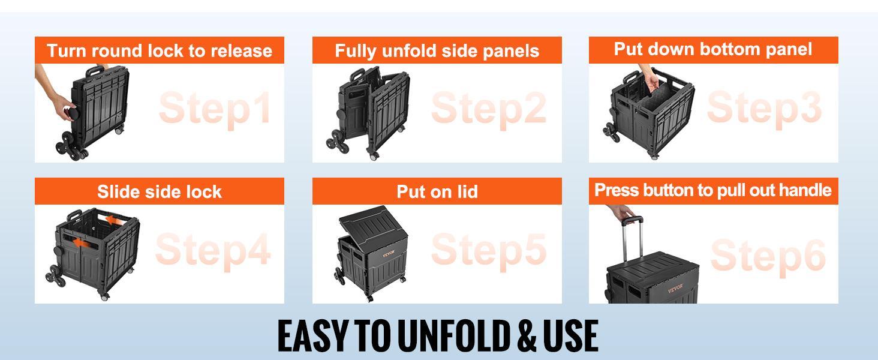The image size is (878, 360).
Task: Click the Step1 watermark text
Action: coord(215,109)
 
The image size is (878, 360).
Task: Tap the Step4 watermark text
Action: coord(212,250)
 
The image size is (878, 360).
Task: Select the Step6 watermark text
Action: coord(768,256)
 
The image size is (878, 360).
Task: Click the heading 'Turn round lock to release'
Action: coord(160,50)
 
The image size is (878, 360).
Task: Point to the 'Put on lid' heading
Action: coord(437,191)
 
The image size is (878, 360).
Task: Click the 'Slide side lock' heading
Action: coord(160,191)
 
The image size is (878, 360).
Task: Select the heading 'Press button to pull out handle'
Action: coord(713,190)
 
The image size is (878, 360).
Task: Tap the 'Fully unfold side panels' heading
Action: coord(437,50)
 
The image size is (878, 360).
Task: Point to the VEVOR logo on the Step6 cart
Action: coord(679,290)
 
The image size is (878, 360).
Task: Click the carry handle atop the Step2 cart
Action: coord(357,76)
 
